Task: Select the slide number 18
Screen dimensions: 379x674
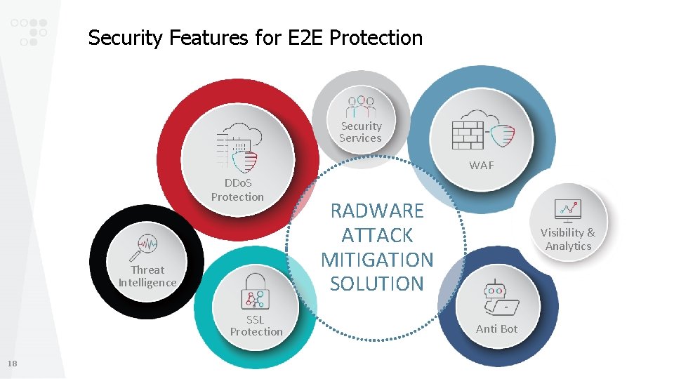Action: (x=13, y=364)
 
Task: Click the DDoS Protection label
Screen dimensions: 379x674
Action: (x=237, y=190)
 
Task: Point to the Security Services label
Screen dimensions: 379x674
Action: (x=361, y=132)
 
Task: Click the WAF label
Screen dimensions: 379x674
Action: (x=482, y=166)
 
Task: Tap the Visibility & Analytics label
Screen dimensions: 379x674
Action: (x=567, y=239)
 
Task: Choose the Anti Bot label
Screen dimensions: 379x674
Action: (x=496, y=328)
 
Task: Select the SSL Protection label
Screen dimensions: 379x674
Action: (x=256, y=325)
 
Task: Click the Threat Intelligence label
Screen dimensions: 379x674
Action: (x=147, y=276)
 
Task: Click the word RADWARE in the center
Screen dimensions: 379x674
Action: (x=377, y=211)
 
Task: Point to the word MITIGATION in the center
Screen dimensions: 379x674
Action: (x=377, y=260)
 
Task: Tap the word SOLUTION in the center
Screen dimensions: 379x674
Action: (x=377, y=284)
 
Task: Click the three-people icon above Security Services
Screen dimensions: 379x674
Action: (x=361, y=106)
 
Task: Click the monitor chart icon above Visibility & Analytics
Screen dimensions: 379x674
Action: (x=567, y=209)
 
